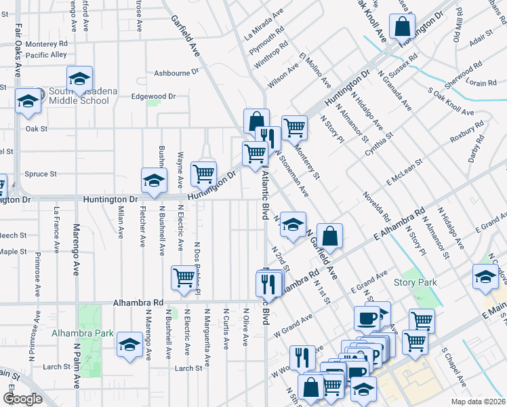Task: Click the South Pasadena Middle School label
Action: click(75, 96)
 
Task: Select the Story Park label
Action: click(415, 282)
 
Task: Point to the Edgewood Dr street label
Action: click(153, 96)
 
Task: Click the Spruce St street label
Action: click(41, 174)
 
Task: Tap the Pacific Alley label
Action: click(47, 54)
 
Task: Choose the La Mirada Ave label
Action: click(265, 24)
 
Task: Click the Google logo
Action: click(22, 399)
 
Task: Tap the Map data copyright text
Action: click(478, 402)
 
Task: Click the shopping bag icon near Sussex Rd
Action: click(402, 27)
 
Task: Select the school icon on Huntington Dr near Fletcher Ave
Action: click(154, 180)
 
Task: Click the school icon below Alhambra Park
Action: click(129, 345)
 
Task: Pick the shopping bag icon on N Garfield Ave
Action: click(329, 237)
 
